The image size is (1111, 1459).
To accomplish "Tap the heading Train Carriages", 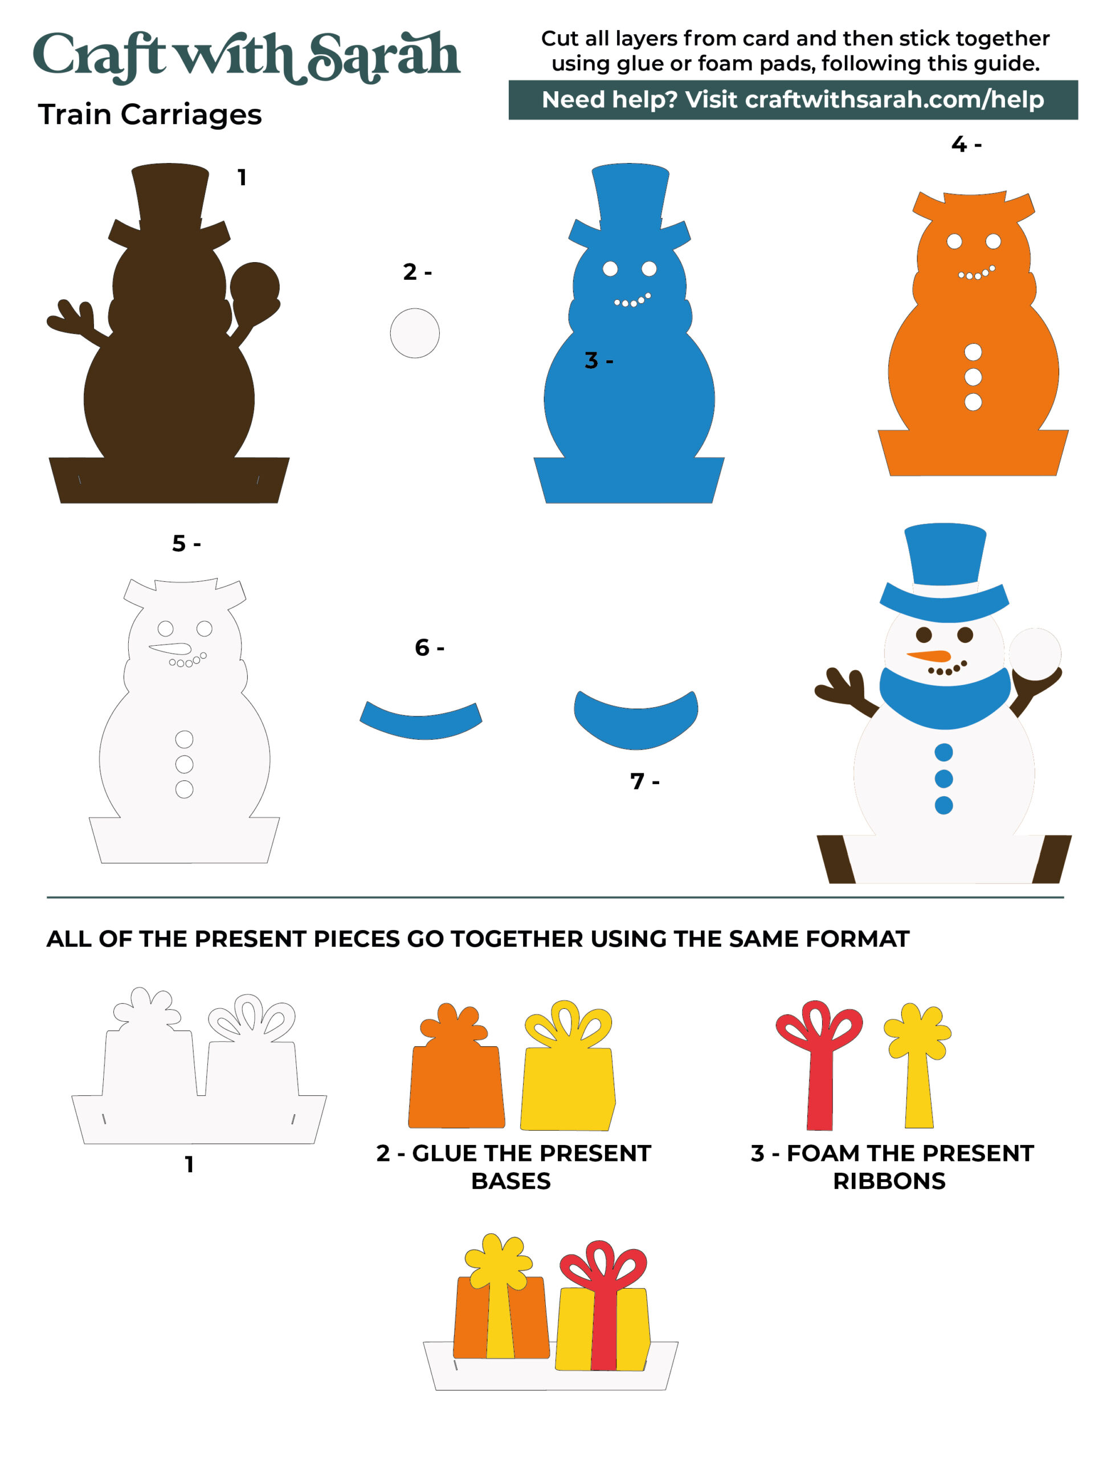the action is tap(150, 115).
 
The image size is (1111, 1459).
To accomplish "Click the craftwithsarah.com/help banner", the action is tap(793, 100).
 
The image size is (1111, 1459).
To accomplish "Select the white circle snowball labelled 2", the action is tap(415, 333).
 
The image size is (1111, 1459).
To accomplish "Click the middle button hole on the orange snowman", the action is tap(973, 377).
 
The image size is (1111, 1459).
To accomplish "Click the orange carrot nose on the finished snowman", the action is tap(930, 656).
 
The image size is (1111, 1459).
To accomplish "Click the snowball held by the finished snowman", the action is tap(1035, 654).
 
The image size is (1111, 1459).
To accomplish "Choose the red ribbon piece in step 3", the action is tap(819, 1065).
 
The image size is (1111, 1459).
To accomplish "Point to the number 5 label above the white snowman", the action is tap(178, 544).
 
